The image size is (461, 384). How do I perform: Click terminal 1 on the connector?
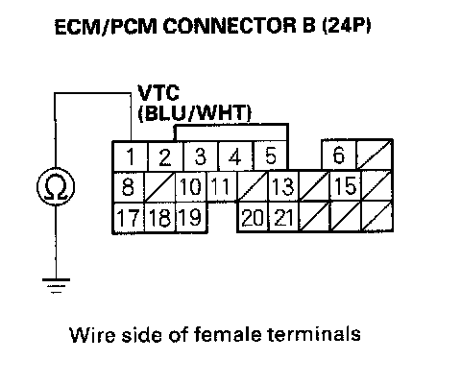(131, 156)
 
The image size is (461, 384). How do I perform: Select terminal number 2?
(165, 156)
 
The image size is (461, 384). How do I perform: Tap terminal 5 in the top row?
(271, 156)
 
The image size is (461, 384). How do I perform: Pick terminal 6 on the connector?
(339, 155)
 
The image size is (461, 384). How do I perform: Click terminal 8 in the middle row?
(128, 187)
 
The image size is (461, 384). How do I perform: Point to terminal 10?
(191, 187)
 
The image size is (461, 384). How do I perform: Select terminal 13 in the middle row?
(283, 186)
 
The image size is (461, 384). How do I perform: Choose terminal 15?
(346, 185)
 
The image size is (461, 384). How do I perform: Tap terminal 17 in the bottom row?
(128, 218)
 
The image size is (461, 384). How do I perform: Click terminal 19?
(191, 218)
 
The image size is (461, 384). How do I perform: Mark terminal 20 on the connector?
(253, 217)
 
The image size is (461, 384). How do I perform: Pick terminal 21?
(283, 217)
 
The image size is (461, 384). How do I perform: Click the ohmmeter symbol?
(56, 186)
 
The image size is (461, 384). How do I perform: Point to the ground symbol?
(56, 286)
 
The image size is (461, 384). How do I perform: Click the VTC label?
(158, 93)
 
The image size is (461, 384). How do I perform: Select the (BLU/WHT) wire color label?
(195, 113)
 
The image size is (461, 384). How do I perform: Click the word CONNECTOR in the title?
(230, 26)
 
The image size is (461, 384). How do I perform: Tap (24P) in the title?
(347, 26)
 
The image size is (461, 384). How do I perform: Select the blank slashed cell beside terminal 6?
(374, 155)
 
